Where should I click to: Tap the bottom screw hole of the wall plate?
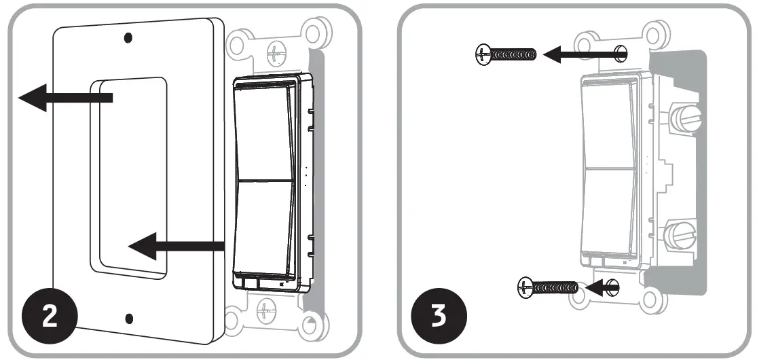pyautogui.click(x=129, y=317)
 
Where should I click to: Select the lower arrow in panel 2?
pyautogui.click(x=177, y=249)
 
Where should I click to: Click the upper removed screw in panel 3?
pyautogui.click(x=506, y=53)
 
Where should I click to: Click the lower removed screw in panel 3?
pyautogui.click(x=547, y=287)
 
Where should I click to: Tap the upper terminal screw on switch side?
pyautogui.click(x=683, y=118)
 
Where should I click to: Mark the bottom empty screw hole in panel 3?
pyautogui.click(x=613, y=287)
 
